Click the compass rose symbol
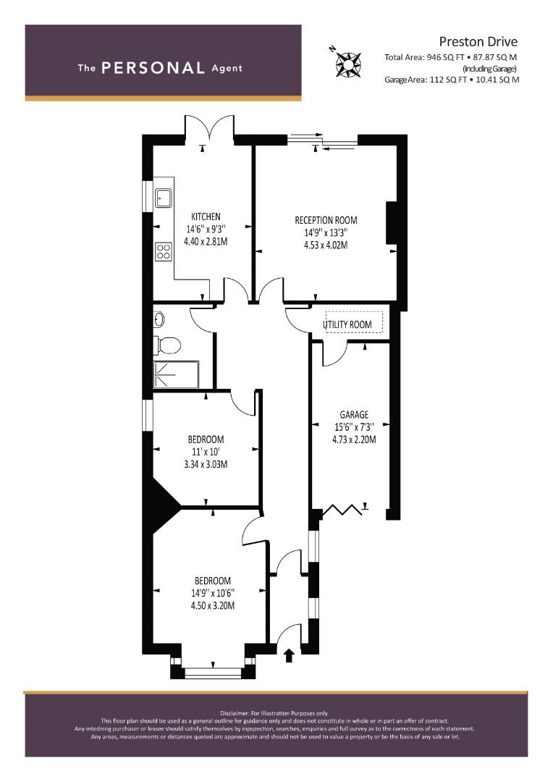point(348,64)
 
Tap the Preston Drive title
point(478,41)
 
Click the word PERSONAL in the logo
point(153,68)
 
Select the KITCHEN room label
point(206,216)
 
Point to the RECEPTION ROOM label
point(326,220)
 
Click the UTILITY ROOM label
point(347,324)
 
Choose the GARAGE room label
point(354,414)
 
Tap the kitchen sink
point(163,198)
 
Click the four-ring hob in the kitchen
point(163,251)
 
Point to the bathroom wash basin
point(159,319)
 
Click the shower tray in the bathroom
point(175,374)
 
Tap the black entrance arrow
point(289,655)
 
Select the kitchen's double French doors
point(209,129)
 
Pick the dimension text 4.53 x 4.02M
point(326,245)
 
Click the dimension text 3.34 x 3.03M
point(206,464)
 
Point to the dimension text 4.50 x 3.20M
point(212,605)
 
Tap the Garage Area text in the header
point(452,80)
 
